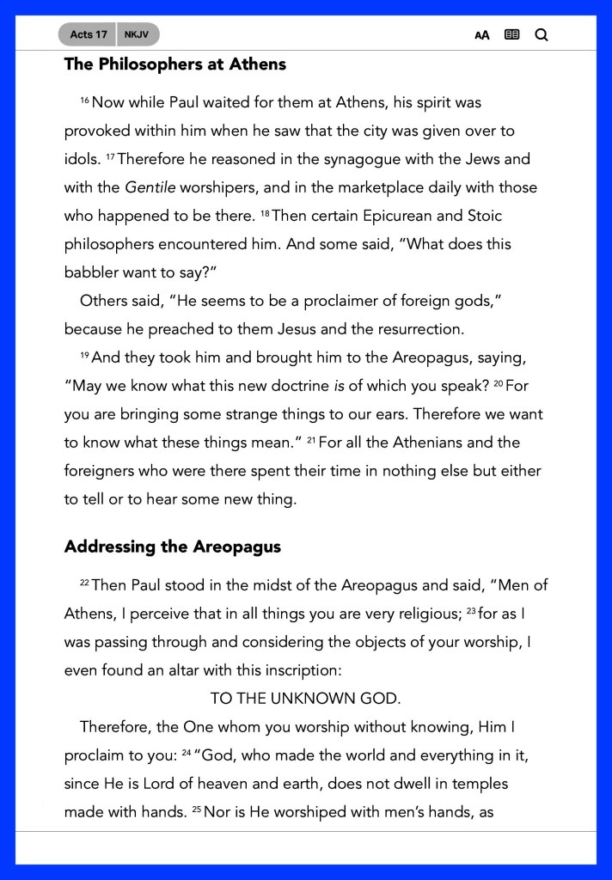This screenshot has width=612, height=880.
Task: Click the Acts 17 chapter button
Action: [x=89, y=34]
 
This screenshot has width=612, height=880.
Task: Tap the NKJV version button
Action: [x=136, y=34]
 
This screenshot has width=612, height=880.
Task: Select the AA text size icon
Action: [x=482, y=35]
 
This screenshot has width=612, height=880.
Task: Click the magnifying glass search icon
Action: [x=541, y=35]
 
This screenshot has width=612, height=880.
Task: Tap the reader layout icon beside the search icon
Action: [x=511, y=35]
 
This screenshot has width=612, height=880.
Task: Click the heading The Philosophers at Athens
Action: [x=174, y=64]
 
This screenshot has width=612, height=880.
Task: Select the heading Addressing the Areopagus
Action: [x=172, y=547]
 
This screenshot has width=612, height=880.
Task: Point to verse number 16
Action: [x=84, y=101]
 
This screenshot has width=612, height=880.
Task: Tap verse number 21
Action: [x=312, y=441]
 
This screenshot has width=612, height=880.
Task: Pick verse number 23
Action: [x=471, y=611]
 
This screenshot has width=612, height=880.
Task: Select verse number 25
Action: [x=197, y=810]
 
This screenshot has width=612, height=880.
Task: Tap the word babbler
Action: [x=95, y=272]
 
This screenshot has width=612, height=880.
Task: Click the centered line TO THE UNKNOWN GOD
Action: [x=305, y=699]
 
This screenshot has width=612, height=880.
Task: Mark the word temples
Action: [x=479, y=784]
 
